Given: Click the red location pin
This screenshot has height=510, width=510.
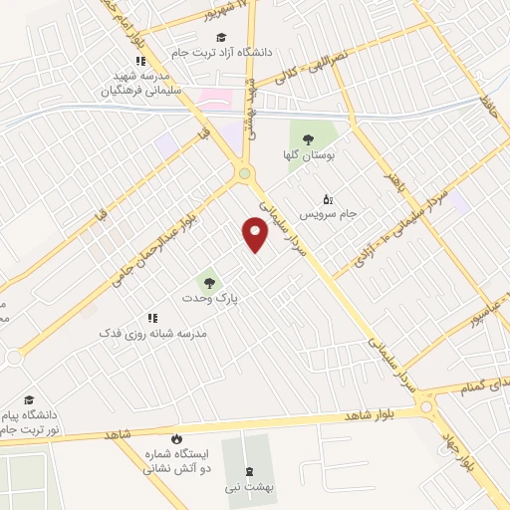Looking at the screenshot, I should [256, 234].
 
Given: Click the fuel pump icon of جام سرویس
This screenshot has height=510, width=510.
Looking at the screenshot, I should [328, 197].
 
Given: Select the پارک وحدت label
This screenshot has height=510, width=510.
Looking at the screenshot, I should [207, 298].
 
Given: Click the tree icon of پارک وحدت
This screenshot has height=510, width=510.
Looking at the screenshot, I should [207, 280].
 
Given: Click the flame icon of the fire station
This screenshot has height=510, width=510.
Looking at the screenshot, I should [175, 438].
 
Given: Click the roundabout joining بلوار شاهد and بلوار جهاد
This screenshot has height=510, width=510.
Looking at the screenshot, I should [427, 406].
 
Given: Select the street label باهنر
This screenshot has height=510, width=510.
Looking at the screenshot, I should [398, 164].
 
